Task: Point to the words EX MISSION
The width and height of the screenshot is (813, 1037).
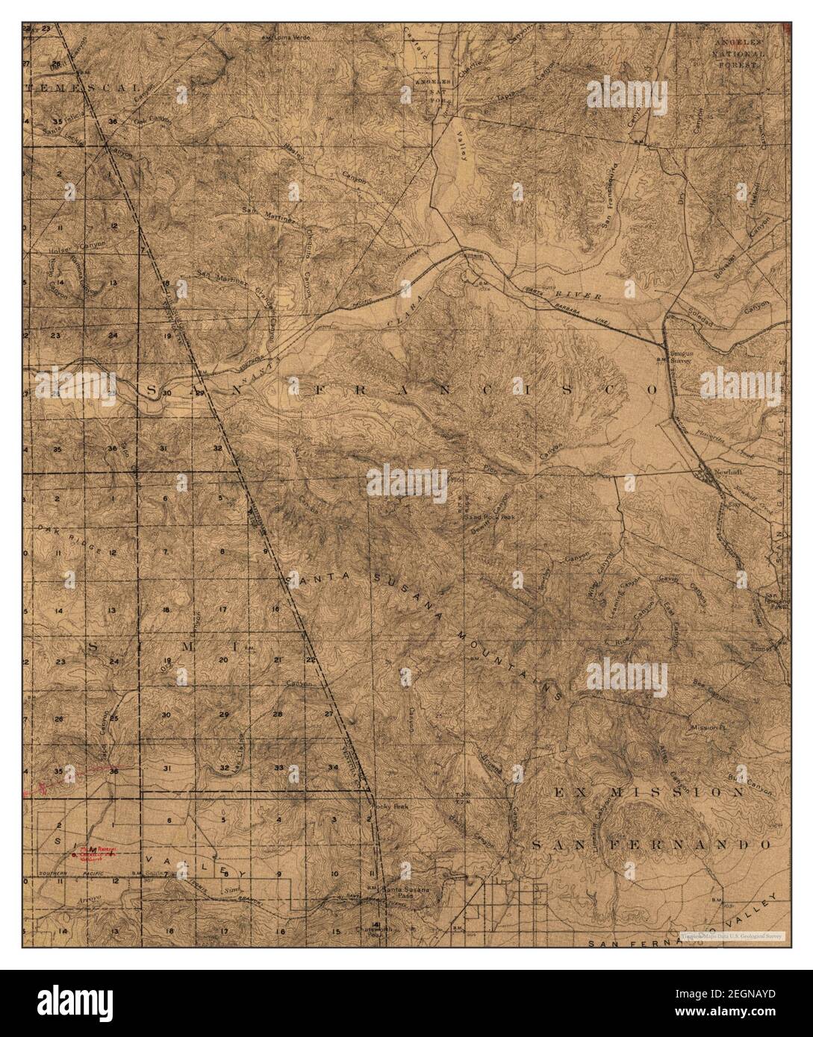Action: pos(648,792)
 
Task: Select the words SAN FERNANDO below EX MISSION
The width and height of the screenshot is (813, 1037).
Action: pos(650,845)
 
